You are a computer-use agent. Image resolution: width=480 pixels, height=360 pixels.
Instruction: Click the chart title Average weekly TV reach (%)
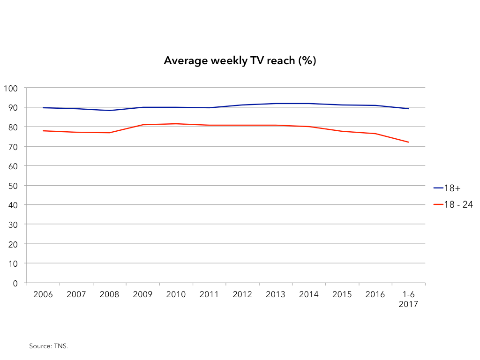(x=240, y=60)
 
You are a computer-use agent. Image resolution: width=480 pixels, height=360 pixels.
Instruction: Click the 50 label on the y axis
(x=13, y=186)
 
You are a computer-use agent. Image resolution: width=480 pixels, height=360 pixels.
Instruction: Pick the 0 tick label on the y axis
(x=15, y=283)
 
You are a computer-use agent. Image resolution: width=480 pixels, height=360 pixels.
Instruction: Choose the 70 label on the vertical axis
(x=13, y=147)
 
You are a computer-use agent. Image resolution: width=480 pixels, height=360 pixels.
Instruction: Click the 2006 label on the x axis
(x=43, y=294)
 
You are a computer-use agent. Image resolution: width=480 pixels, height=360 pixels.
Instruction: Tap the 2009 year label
(x=142, y=294)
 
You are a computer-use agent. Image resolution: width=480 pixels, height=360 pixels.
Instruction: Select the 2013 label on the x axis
(x=276, y=294)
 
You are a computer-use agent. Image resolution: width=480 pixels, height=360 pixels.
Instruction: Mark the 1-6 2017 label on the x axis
(x=408, y=299)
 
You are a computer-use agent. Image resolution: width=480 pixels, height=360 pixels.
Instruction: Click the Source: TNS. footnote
(x=49, y=346)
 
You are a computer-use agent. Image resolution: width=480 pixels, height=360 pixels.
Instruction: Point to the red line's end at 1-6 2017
(x=409, y=142)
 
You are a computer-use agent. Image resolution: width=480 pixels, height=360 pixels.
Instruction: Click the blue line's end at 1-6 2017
(x=409, y=109)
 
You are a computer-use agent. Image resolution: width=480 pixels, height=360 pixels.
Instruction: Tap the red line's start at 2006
(x=43, y=131)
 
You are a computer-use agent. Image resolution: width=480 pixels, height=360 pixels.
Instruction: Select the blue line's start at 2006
(x=43, y=108)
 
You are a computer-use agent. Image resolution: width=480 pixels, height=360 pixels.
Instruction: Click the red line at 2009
(x=142, y=125)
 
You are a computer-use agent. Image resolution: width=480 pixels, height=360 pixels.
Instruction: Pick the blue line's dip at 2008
(x=109, y=111)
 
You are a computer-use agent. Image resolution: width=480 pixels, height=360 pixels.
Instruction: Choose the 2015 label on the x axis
(x=342, y=294)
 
